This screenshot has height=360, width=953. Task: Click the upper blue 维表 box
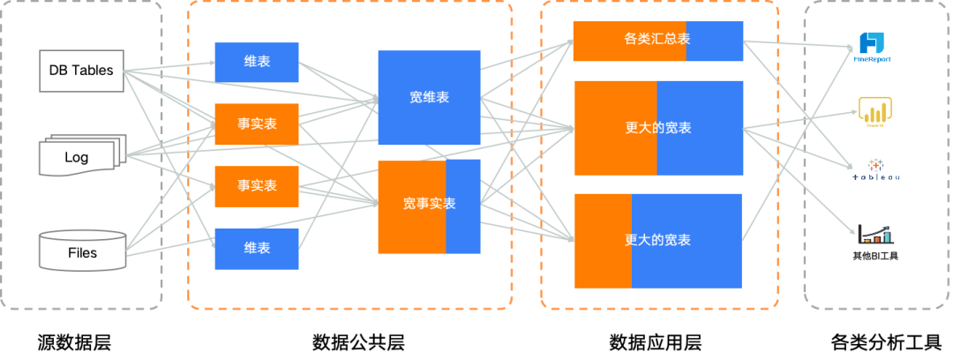click(257, 63)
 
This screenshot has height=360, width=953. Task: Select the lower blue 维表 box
click(257, 249)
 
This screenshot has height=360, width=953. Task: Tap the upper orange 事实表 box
click(257, 124)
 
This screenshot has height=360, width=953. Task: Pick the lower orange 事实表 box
click(257, 186)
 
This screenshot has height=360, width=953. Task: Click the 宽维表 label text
click(429, 98)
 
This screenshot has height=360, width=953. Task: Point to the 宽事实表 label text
click(429, 204)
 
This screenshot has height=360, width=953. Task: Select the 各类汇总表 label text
click(657, 39)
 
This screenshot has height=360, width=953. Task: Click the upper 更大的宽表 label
click(658, 128)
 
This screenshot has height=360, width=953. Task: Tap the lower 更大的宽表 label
click(658, 240)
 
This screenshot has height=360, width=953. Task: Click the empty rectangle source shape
click(81, 71)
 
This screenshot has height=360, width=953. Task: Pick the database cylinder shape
click(81, 250)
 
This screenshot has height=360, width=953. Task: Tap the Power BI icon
click(875, 112)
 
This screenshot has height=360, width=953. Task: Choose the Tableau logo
click(874, 169)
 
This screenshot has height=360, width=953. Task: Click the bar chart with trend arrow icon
click(875, 234)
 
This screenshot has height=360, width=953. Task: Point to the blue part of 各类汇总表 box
click(715, 41)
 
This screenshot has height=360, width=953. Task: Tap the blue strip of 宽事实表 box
click(463, 206)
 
